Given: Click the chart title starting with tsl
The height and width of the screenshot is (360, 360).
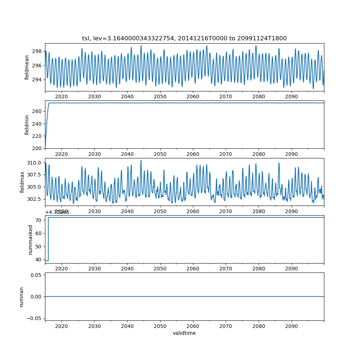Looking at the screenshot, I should click(x=184, y=39).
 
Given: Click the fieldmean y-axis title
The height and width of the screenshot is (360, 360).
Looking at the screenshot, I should click(x=27, y=67).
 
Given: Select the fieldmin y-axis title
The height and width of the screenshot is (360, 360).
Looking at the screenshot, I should click(x=27, y=125).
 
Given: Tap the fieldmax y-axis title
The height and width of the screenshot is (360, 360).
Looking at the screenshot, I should click(x=22, y=182).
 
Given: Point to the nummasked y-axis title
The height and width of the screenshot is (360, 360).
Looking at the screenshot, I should click(x=31, y=239).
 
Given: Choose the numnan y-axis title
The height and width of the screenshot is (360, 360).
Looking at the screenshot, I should click(x=22, y=297).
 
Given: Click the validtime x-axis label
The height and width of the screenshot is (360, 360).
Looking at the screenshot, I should click(x=184, y=333).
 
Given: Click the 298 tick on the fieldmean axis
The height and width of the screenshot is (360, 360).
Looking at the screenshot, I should click(x=37, y=51).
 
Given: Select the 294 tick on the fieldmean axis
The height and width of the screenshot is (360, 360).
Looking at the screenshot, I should click(x=37, y=80).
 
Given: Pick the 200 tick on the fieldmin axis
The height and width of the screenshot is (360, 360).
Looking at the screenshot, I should click(x=37, y=148).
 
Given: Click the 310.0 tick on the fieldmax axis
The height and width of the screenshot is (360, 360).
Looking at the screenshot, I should click(x=35, y=163).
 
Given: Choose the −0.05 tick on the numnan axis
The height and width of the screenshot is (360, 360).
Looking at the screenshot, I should click(x=35, y=318).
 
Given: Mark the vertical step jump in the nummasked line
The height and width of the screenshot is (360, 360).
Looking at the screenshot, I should click(x=48, y=239).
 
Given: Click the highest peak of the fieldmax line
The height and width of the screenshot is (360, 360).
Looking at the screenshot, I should click(x=141, y=160).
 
